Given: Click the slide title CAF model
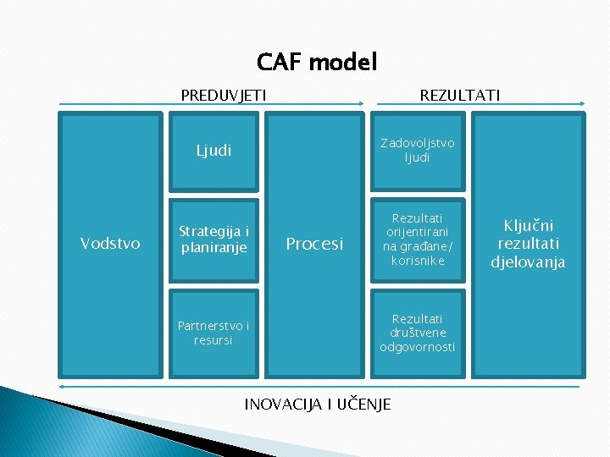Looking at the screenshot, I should pos(317,62).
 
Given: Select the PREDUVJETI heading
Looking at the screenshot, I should pos(224,96).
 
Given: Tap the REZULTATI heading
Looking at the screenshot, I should pos(459,96).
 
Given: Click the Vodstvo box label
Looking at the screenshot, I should pos(110,244).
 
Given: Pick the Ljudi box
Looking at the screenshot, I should pos(213,151).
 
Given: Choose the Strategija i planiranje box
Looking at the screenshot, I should pos(213,240).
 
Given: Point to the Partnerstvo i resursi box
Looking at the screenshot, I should pos(213,333).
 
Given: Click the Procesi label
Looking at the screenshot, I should pos(314,244).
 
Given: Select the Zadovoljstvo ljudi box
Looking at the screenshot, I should pos(417,151).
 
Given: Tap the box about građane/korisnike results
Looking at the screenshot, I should pos(417,240).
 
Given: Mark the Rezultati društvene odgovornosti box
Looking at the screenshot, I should pos(417,333).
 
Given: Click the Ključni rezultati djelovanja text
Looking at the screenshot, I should pos(528,244).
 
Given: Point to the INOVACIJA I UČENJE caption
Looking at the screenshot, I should pos(318,405).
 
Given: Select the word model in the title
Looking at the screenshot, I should pos(343,62).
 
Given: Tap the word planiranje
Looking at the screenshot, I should pos(213,248).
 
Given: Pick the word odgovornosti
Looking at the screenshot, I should pos(417,347).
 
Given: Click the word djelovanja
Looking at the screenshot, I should pos(528,262).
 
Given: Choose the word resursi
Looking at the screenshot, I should pos(213,340).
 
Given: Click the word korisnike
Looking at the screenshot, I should pos(417,261).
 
